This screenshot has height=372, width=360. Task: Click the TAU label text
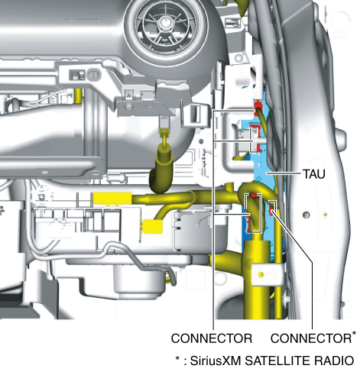(314, 174)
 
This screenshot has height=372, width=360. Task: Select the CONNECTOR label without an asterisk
(212, 338)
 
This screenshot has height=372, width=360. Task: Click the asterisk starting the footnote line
(178, 358)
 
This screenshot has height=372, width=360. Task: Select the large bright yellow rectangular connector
(112, 199)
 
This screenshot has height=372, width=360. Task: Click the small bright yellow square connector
(152, 227)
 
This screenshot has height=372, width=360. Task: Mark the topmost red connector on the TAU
(258, 107)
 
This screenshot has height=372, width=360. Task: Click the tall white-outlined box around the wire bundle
(253, 213)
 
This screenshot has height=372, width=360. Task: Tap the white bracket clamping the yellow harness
(268, 274)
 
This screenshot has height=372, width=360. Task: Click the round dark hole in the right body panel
(306, 215)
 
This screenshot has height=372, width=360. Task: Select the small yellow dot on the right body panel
(325, 215)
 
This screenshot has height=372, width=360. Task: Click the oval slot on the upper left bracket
(94, 75)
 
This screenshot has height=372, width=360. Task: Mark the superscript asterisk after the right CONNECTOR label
(354, 333)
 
